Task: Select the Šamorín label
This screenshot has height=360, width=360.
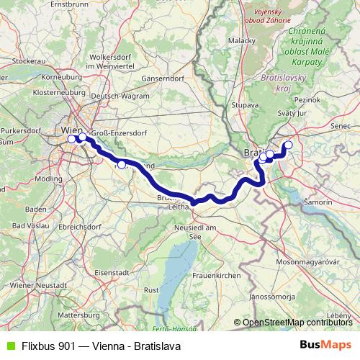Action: pyautogui.click(x=318, y=202)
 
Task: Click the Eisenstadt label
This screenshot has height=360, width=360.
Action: pyautogui.click(x=112, y=274)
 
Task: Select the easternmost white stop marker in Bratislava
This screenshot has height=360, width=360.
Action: pyautogui.click(x=289, y=145)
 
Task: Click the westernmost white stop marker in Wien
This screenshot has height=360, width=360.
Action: pyautogui.click(x=71, y=138)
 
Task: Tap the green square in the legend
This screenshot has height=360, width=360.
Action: pyautogui.click(x=9, y=345)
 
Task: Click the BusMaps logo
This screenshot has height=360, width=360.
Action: pyautogui.click(x=325, y=345)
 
